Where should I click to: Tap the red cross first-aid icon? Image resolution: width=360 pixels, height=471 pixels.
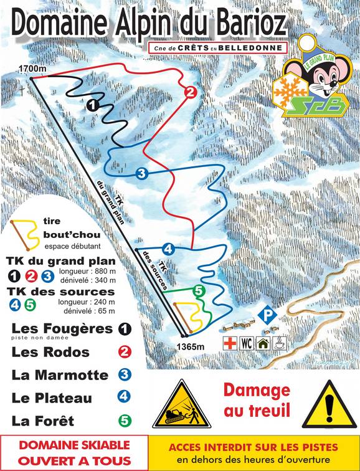pos(230,343)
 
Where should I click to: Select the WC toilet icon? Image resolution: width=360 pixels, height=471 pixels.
pos(247,343)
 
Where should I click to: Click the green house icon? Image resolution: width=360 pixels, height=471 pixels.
pos(263,343)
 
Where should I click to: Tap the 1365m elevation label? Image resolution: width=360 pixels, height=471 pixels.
pos(190,346)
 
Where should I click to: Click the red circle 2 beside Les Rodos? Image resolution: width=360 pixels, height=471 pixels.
pos(125,352)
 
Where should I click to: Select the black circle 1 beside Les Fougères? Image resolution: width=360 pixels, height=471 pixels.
pos(125,329)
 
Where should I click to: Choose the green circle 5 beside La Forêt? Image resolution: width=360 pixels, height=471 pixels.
pos(125,421)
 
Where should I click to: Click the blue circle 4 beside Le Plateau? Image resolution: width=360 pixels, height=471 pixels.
pos(125,397)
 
